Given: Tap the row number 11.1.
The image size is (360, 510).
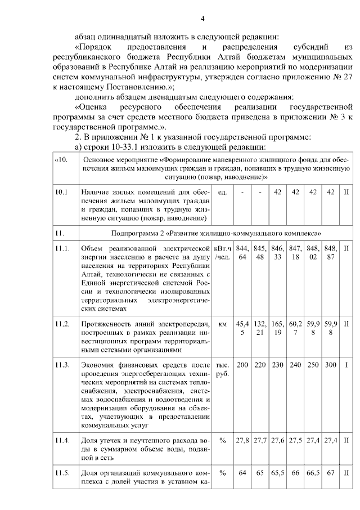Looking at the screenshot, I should pos(62,249).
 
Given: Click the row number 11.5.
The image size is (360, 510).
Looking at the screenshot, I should pos(62,473).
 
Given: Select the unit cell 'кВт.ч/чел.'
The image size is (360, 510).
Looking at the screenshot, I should pos(222,253).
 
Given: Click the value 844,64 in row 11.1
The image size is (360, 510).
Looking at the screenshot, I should pos(242,253).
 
